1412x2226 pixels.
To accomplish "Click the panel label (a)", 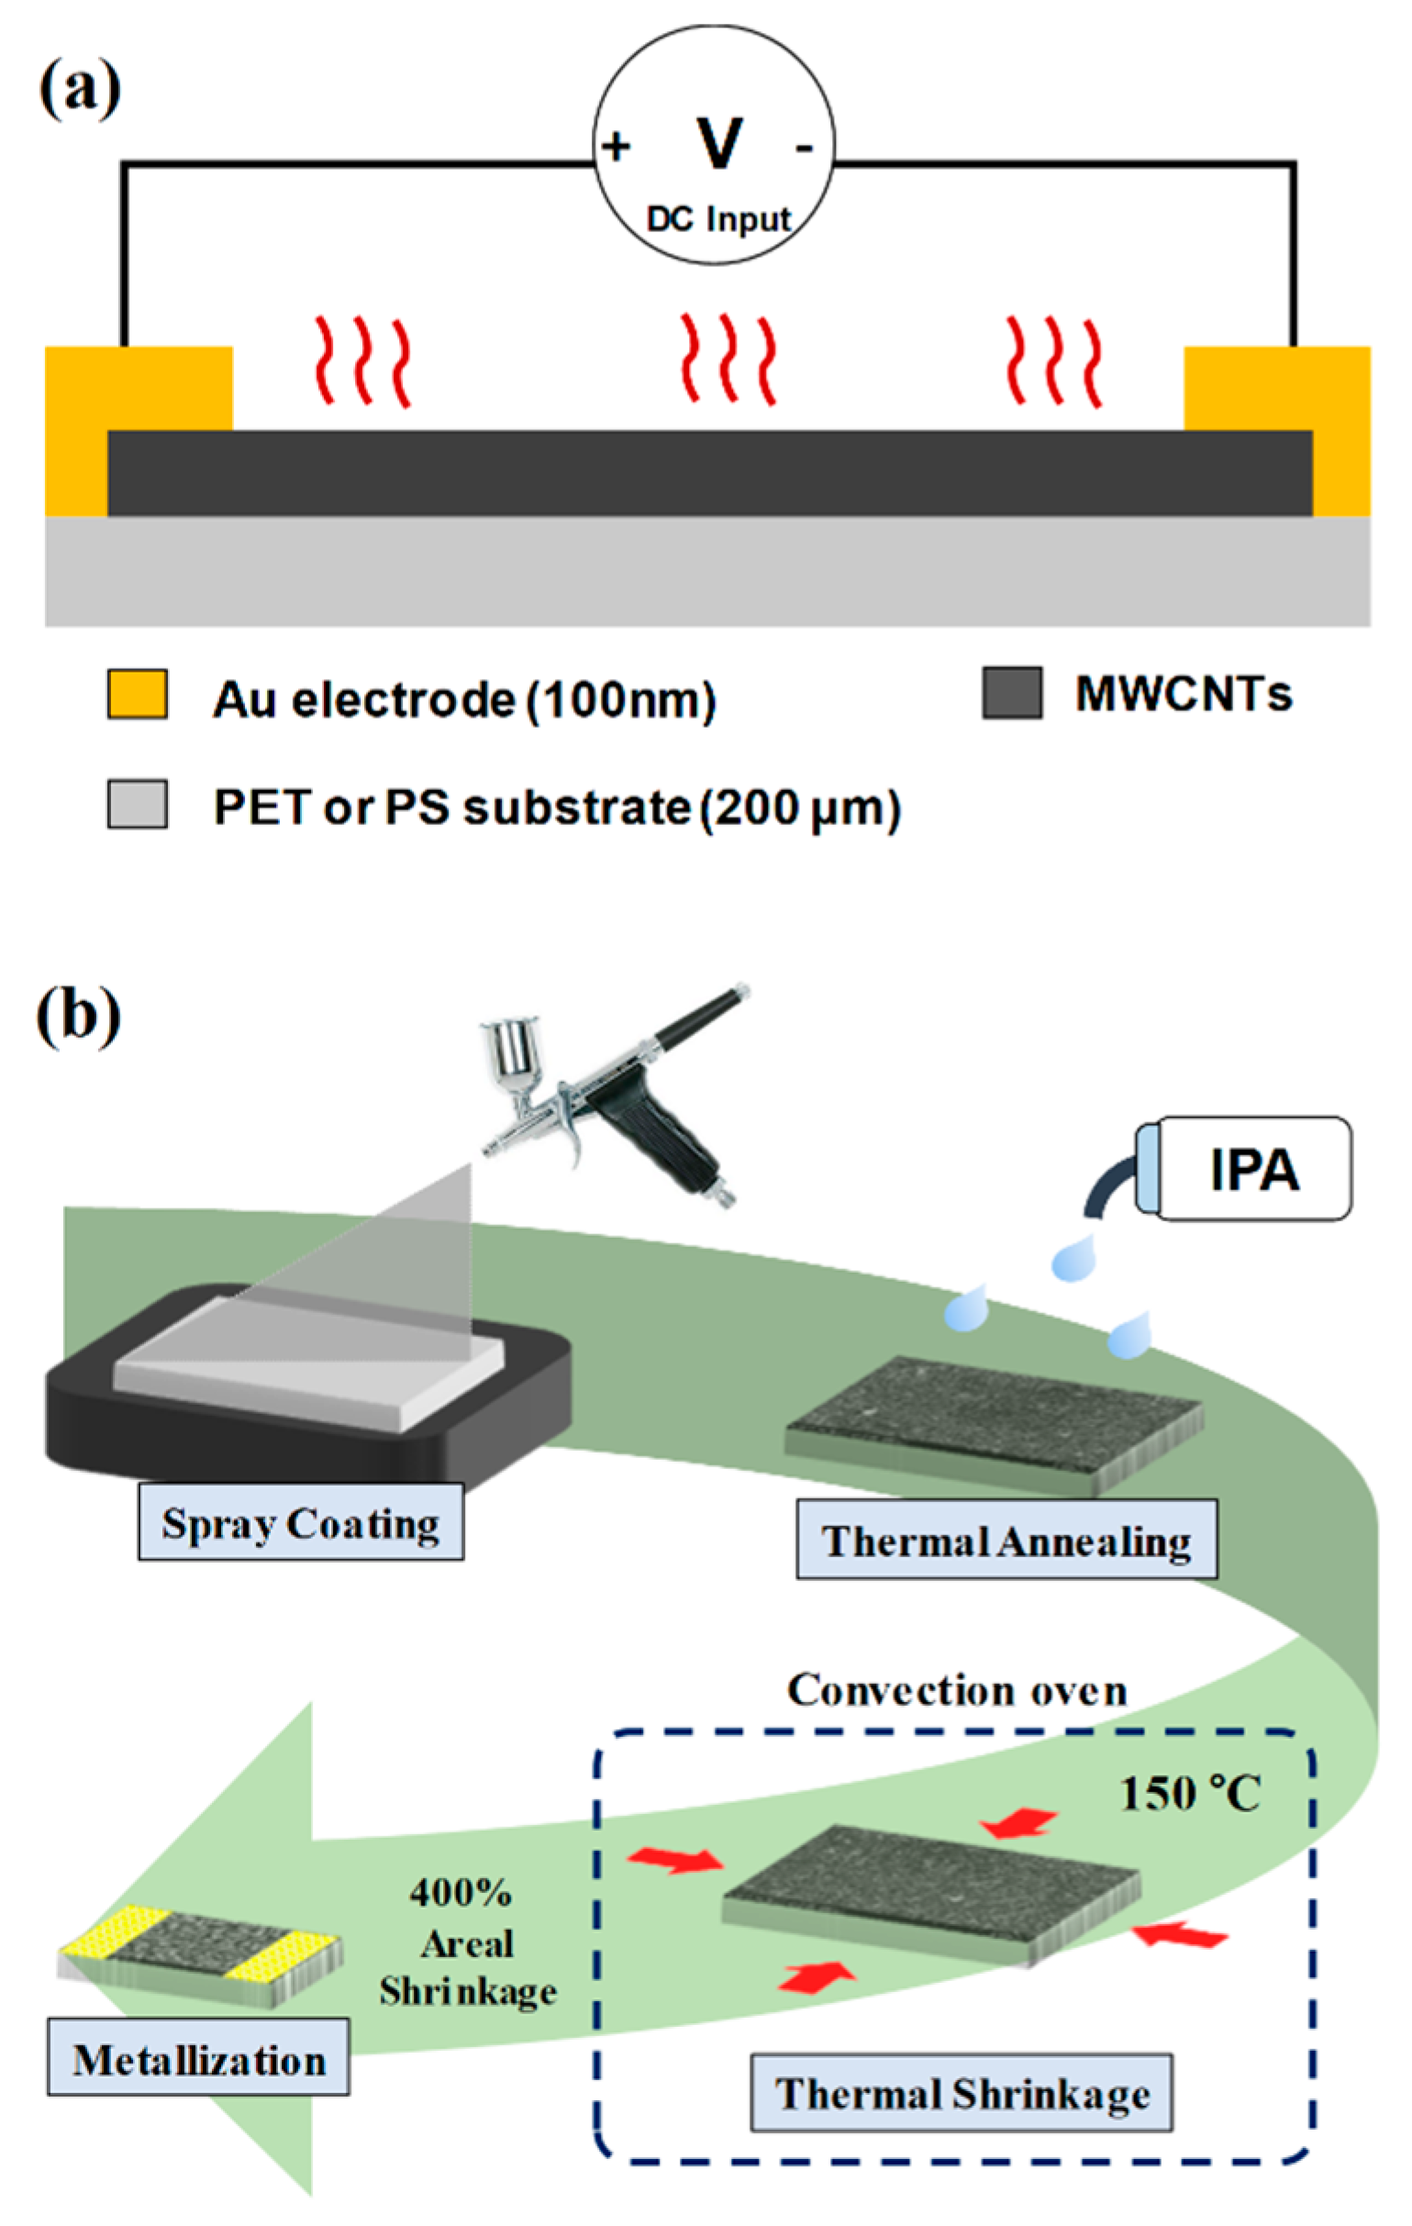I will click(x=80, y=90).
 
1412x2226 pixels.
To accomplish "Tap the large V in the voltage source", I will click(x=719, y=143).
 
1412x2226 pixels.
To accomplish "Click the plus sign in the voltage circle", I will click(x=617, y=146).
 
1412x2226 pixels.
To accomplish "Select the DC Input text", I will click(x=719, y=220).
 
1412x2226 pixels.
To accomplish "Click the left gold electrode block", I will click(x=139, y=388).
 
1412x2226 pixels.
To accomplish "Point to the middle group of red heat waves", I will click(x=728, y=359).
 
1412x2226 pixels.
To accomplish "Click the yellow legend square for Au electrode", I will click(x=138, y=695).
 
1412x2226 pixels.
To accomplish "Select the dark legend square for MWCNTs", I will click(x=1012, y=693).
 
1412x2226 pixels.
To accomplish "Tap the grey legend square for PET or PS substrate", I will click(x=138, y=803).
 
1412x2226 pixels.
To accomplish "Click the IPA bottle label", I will click(x=1254, y=1168).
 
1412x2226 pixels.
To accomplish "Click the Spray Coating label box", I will click(x=301, y=1522).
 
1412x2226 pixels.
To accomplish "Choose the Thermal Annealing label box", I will click(x=1006, y=1540).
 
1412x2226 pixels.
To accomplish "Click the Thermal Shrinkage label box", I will click(x=961, y=2094).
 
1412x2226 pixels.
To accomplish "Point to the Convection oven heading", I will click(x=957, y=1691).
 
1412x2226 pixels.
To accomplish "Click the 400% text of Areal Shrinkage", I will click(x=461, y=1894).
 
